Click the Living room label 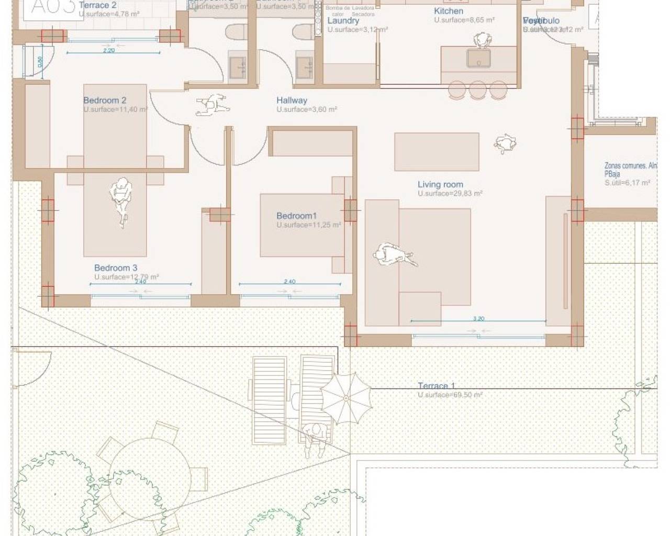[x=440, y=184]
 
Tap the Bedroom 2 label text [x=105, y=100]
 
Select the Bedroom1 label [x=297, y=216]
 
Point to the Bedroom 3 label [x=116, y=267]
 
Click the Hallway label [x=292, y=100]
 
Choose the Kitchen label [x=449, y=11]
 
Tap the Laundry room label [x=343, y=20]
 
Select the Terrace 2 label [x=97, y=5]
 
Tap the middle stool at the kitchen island [x=478, y=90]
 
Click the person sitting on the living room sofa [x=395, y=256]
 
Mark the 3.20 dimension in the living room [x=478, y=318]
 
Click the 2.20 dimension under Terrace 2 [x=109, y=51]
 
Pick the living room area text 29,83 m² [x=450, y=194]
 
